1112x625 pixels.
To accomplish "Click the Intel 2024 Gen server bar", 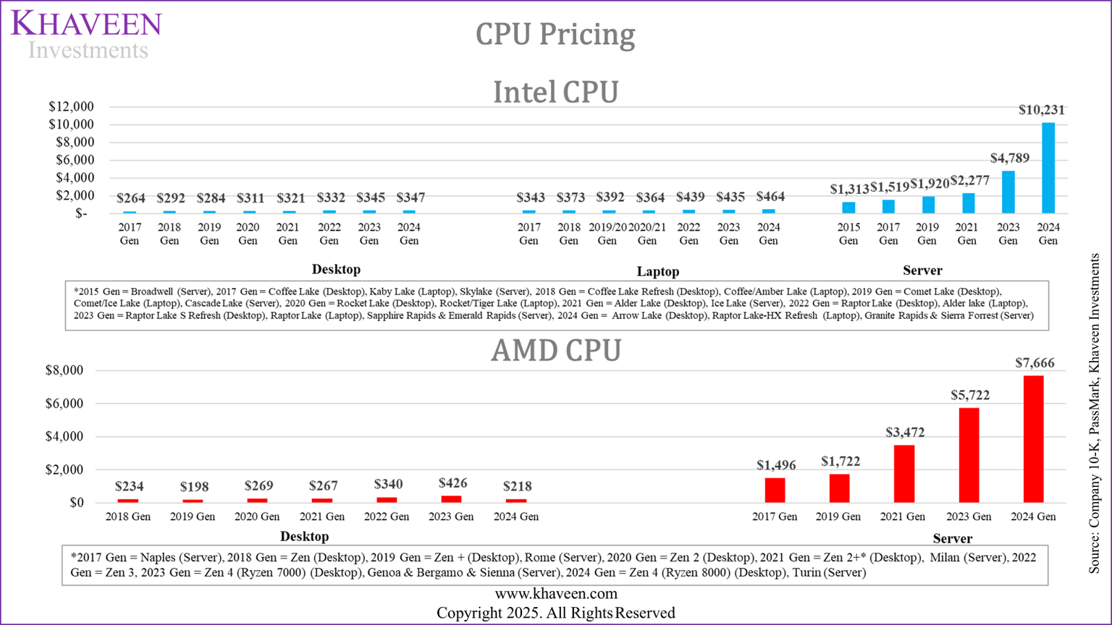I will (1048, 168).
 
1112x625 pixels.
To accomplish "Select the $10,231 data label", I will (1041, 110).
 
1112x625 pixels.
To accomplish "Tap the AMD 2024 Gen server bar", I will (1033, 438).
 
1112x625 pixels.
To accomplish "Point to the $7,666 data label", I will (1035, 363).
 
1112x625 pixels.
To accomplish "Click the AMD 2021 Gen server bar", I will (903, 474).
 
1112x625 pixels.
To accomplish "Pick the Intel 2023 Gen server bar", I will (1008, 192).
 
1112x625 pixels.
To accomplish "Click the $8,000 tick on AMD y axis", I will (64, 370).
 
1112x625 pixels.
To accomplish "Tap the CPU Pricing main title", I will (555, 34).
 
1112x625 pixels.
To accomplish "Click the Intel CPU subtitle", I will (555, 93).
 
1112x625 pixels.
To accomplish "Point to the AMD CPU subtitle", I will (555, 351).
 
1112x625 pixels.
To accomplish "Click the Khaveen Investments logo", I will (87, 34).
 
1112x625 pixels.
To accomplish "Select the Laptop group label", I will (657, 272).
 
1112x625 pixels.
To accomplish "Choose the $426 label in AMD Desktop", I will (452, 483).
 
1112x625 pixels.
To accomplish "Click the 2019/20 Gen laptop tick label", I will (607, 234).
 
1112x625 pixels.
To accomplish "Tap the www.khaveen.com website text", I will (555, 594).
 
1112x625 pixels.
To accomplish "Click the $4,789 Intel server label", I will (1009, 158).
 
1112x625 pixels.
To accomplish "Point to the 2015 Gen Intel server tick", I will (848, 234).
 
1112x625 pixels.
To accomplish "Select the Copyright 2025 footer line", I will (555, 613).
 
